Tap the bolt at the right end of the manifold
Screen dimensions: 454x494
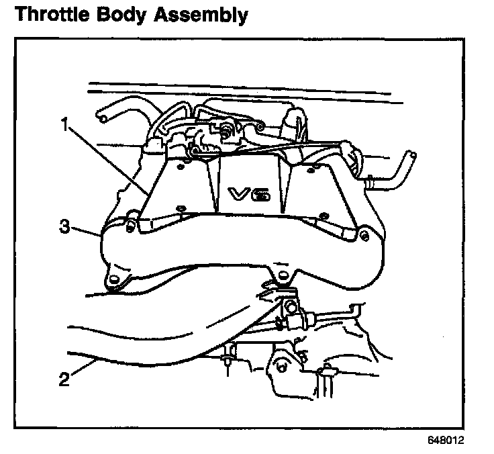[x=363, y=234]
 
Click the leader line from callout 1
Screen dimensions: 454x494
[x=107, y=160]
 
